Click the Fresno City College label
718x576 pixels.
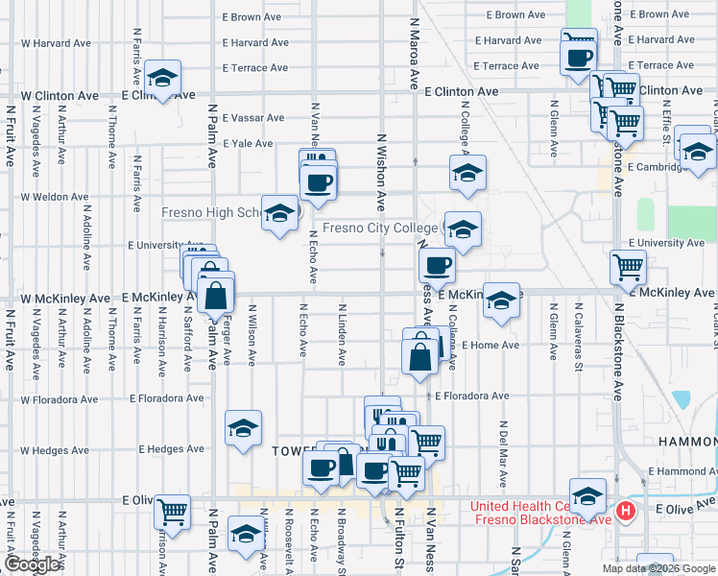tap(380, 228)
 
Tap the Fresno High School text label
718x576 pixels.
tap(211, 212)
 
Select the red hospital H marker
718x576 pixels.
tap(627, 511)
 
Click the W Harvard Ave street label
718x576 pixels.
tap(55, 43)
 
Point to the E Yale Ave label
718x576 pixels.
tap(249, 143)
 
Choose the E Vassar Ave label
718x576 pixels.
tap(253, 118)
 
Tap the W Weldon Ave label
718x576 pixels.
tap(55, 197)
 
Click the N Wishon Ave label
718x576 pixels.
tap(382, 173)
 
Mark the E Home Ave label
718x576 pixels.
tap(490, 346)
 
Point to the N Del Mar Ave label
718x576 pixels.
tap(503, 452)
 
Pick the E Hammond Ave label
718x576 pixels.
tap(682, 471)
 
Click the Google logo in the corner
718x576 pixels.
tap(32, 564)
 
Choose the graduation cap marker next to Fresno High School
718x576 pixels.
tap(279, 214)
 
